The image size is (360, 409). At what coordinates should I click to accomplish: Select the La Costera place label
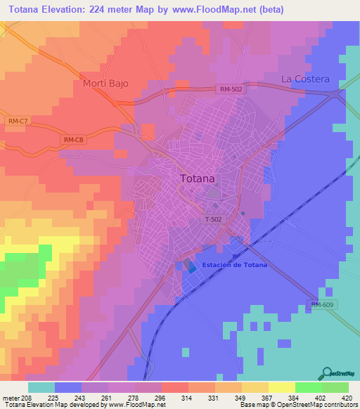pos(305,79)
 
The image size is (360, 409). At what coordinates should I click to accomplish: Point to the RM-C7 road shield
pos(18,122)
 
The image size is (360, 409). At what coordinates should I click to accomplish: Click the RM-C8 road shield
pos(73,140)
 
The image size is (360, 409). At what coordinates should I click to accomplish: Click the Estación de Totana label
pos(234,265)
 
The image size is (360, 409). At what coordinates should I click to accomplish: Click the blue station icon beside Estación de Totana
pos(192,267)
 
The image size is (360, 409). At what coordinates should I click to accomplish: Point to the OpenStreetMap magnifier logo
pos(328,373)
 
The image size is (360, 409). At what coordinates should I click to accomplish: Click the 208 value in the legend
pos(21,397)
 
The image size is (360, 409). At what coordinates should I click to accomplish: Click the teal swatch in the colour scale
pos(41,387)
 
